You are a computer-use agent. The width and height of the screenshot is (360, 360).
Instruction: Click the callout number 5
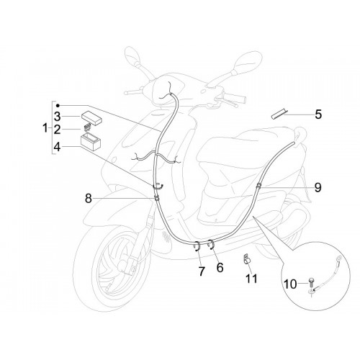click(x=318, y=114)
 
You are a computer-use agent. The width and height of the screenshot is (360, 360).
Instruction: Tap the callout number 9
click(x=318, y=187)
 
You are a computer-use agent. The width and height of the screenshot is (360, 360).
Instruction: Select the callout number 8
click(x=89, y=199)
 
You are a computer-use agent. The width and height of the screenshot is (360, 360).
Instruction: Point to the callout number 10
click(x=290, y=284)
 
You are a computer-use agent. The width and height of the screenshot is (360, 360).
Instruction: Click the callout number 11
click(x=251, y=279)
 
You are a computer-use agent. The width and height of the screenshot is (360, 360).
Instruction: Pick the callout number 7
click(x=202, y=271)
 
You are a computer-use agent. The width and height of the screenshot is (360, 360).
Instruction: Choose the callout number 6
click(x=220, y=267)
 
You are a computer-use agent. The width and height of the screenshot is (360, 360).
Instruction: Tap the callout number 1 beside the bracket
click(x=45, y=128)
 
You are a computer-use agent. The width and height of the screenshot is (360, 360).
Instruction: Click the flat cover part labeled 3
click(x=91, y=118)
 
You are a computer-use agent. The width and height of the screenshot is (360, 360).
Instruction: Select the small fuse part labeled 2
click(x=88, y=127)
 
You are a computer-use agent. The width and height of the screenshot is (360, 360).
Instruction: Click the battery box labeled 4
click(x=91, y=143)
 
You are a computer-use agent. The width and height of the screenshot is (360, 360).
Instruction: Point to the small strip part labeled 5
click(x=279, y=113)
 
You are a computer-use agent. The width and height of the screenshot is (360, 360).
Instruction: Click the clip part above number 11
click(x=246, y=259)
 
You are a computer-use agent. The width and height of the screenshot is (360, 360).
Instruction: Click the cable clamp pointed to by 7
click(x=197, y=246)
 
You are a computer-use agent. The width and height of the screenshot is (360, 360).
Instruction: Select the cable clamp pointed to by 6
click(x=211, y=244)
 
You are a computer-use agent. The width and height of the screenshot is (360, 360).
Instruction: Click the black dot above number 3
click(x=58, y=105)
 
